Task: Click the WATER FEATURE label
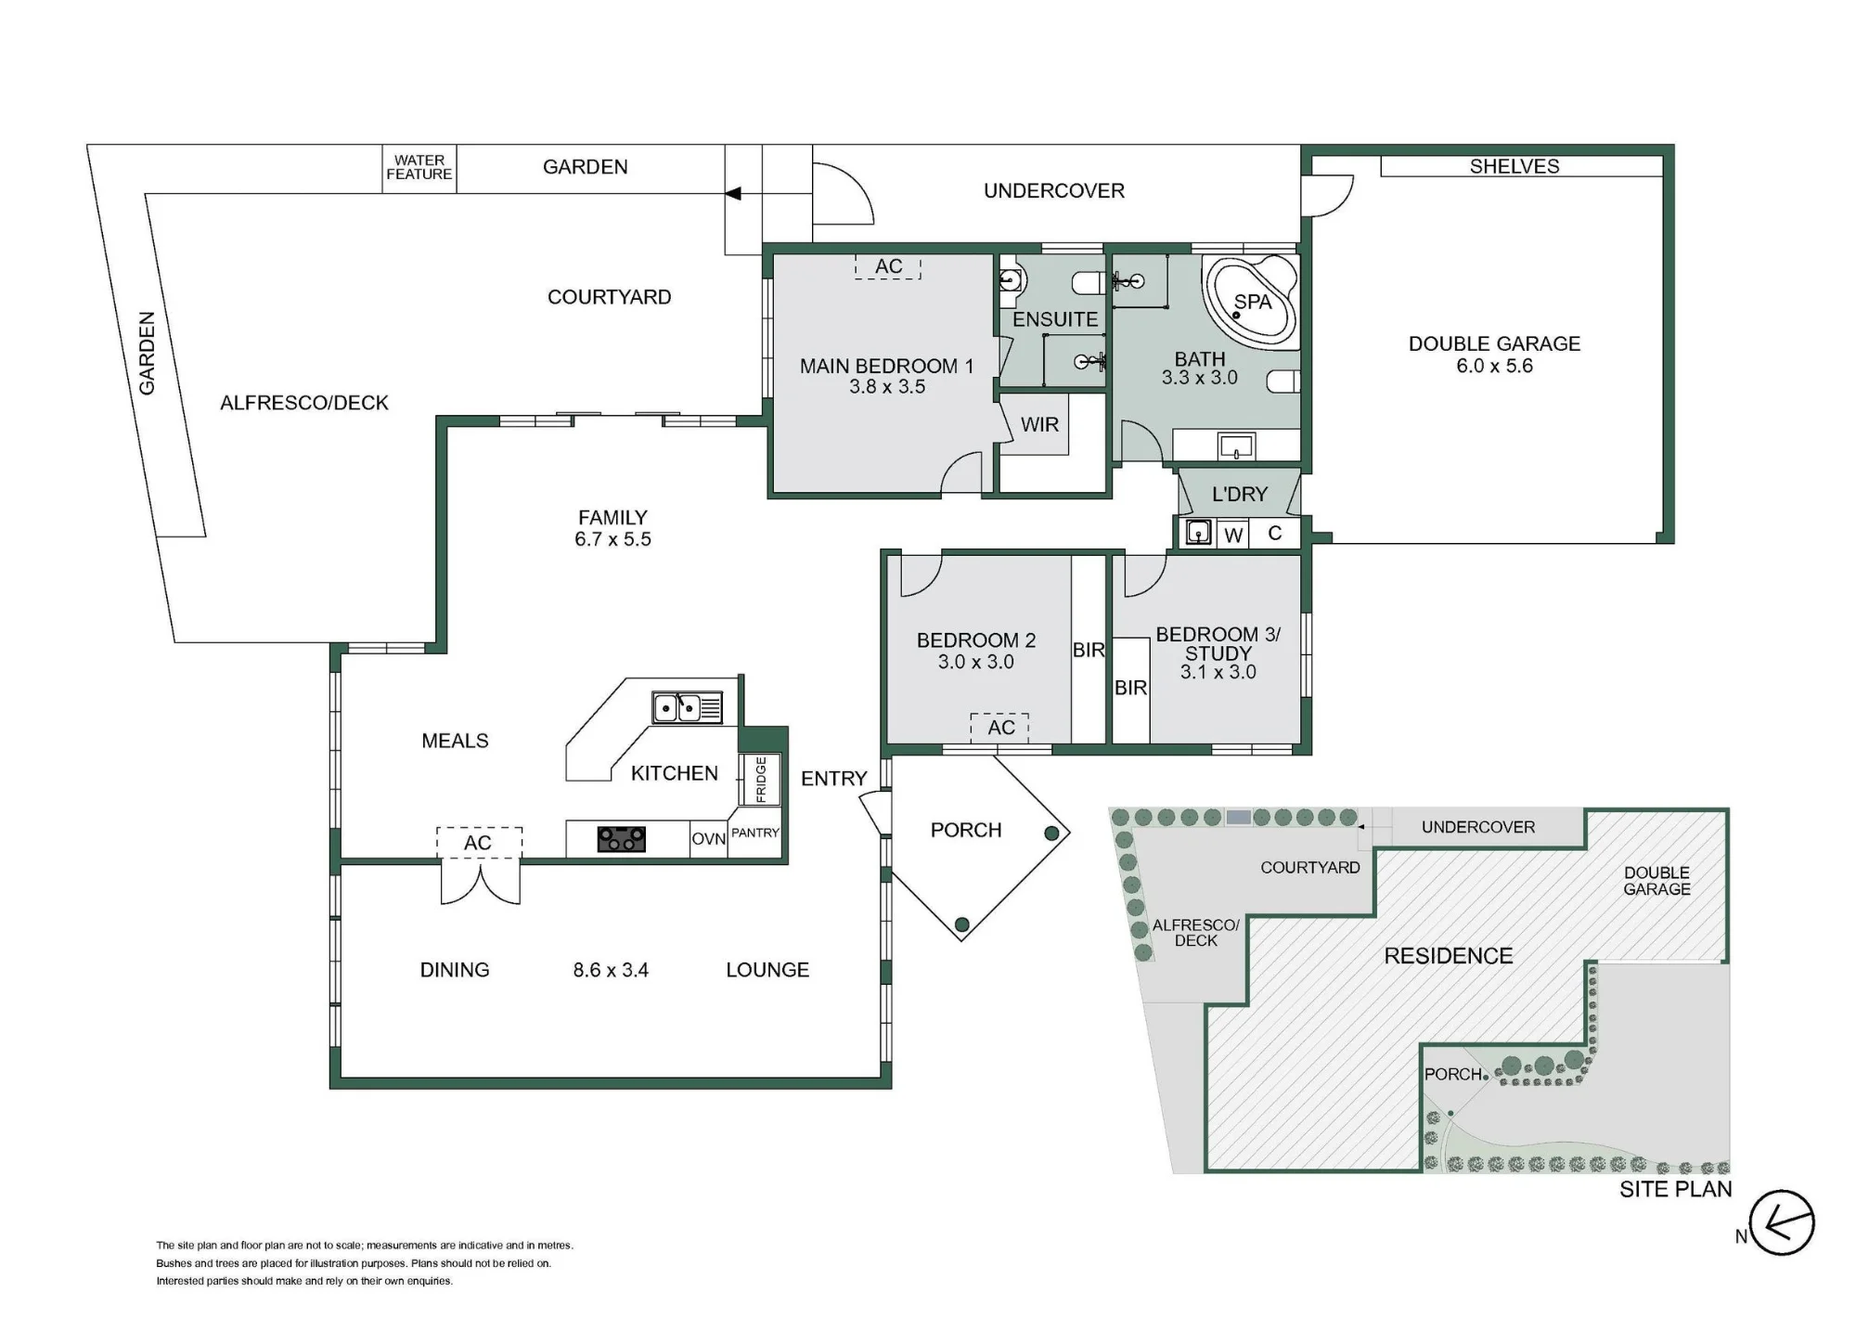pyautogui.click(x=419, y=167)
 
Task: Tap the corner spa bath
pyautogui.click(x=1250, y=302)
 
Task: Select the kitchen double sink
pyautogui.click(x=687, y=707)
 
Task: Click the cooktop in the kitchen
pyautogui.click(x=622, y=839)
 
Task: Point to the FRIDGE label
pyautogui.click(x=761, y=780)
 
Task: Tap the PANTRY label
pyautogui.click(x=755, y=833)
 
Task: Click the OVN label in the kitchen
pyautogui.click(x=708, y=839)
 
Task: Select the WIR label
pyautogui.click(x=1039, y=424)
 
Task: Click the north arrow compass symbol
pyautogui.click(x=1782, y=1223)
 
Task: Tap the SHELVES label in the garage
pyautogui.click(x=1514, y=166)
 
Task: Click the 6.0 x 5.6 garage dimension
pyautogui.click(x=1494, y=366)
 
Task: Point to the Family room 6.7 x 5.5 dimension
pyautogui.click(x=612, y=539)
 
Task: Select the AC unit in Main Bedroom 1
pyautogui.click(x=888, y=266)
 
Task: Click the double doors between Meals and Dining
pyautogui.click(x=480, y=882)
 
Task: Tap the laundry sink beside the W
pyautogui.click(x=1199, y=533)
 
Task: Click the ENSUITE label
pyautogui.click(x=1055, y=319)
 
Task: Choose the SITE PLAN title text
pyautogui.click(x=1676, y=1189)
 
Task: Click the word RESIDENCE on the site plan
pyautogui.click(x=1449, y=956)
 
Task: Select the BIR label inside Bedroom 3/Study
pyautogui.click(x=1130, y=688)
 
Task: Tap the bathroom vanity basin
pyautogui.click(x=1237, y=447)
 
